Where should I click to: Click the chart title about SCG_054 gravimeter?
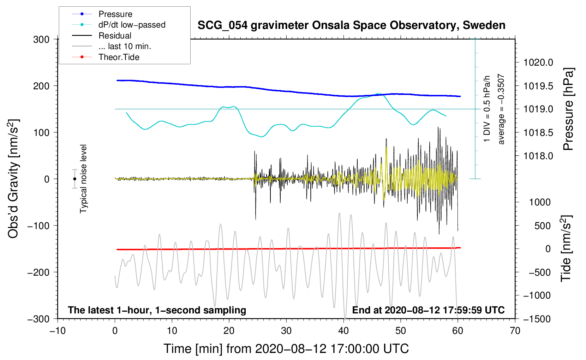click(x=351, y=25)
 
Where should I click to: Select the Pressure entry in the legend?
click(x=115, y=14)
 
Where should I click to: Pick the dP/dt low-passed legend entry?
click(x=132, y=25)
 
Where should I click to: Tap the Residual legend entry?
click(x=115, y=36)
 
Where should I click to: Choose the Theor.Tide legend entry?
click(x=119, y=57)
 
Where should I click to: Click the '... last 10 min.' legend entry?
click(x=125, y=46)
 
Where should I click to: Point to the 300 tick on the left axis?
click(x=41, y=40)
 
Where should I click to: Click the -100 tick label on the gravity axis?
click(x=38, y=226)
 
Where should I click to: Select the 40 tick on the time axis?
click(x=343, y=331)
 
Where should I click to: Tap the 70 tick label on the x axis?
click(x=515, y=331)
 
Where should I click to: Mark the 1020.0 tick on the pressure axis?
click(x=538, y=63)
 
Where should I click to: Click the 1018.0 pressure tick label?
click(x=538, y=156)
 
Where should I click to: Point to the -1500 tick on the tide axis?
click(x=537, y=319)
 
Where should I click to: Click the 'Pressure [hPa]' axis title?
click(x=568, y=109)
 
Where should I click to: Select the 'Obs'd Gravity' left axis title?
click(x=13, y=179)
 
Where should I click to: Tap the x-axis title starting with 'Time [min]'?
click(x=286, y=349)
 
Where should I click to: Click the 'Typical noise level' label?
click(x=83, y=179)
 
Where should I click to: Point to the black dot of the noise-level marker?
click(x=75, y=179)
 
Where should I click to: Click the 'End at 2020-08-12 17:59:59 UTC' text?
click(x=428, y=310)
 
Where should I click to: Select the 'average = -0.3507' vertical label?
click(x=501, y=109)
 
